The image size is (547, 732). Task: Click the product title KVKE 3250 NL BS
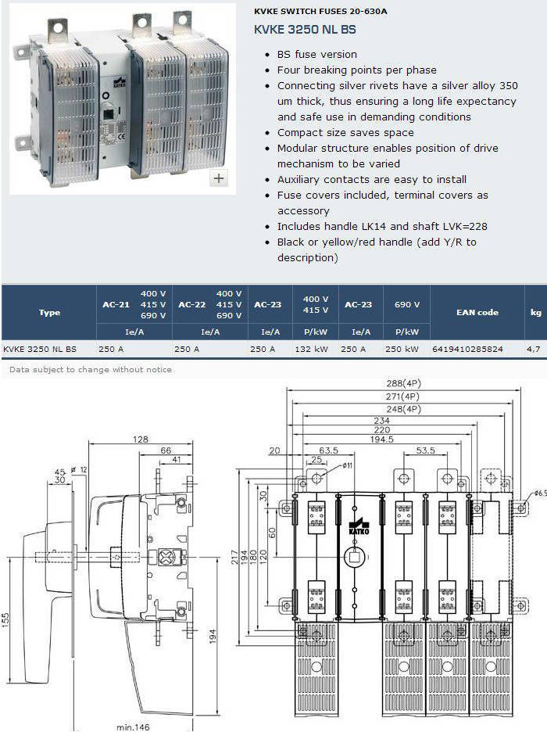tap(305, 30)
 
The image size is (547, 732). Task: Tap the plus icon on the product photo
tap(219, 178)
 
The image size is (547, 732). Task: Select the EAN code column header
tap(477, 312)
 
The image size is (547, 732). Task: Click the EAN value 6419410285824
tap(467, 349)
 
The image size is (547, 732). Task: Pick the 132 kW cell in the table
tap(311, 349)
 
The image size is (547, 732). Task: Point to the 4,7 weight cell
tap(533, 349)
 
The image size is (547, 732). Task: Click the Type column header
tap(49, 312)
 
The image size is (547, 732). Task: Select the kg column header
tap(536, 312)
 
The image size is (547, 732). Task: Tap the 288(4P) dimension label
tap(403, 383)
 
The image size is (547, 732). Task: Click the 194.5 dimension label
tap(381, 440)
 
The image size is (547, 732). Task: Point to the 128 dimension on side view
tap(141, 440)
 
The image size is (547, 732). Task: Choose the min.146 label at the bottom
tap(133, 727)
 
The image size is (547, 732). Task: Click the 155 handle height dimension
tap(5, 620)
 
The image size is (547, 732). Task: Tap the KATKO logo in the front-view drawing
tap(359, 526)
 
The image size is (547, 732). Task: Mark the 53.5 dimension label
tap(425, 450)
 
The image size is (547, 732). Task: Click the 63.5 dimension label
tap(328, 450)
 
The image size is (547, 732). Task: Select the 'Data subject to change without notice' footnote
tap(91, 369)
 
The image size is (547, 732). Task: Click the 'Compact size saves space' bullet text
tap(345, 133)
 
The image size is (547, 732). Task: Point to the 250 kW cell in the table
tap(402, 349)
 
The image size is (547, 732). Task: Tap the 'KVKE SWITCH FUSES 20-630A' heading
tap(320, 11)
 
